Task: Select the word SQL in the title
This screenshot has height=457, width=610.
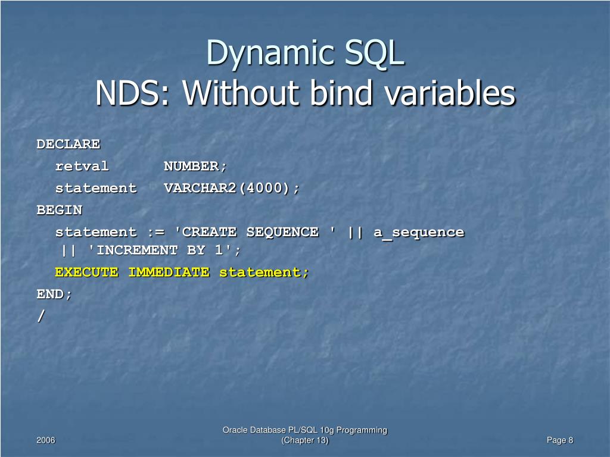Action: coord(373,54)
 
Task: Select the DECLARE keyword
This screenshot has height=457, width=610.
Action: coord(69,144)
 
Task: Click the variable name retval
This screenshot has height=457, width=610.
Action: coord(82,166)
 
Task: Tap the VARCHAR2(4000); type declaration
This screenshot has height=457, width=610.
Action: coord(232,188)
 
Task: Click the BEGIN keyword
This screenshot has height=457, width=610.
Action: coord(60,210)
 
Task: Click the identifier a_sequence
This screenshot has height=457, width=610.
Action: coord(419,232)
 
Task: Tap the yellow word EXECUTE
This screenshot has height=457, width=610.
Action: coord(86,272)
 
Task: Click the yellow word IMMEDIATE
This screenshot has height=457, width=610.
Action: coord(169,272)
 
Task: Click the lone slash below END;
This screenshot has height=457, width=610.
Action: coord(41,317)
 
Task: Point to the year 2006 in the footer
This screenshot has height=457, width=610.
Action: coord(46,440)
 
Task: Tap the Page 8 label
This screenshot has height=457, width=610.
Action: coord(559,440)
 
